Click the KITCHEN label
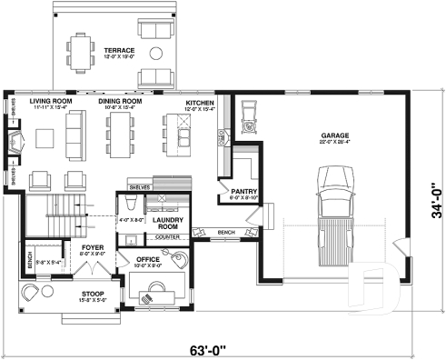click(200, 104)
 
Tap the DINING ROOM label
click(121, 102)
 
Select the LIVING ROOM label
click(51, 102)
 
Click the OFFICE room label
click(148, 260)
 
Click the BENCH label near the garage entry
click(226, 233)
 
